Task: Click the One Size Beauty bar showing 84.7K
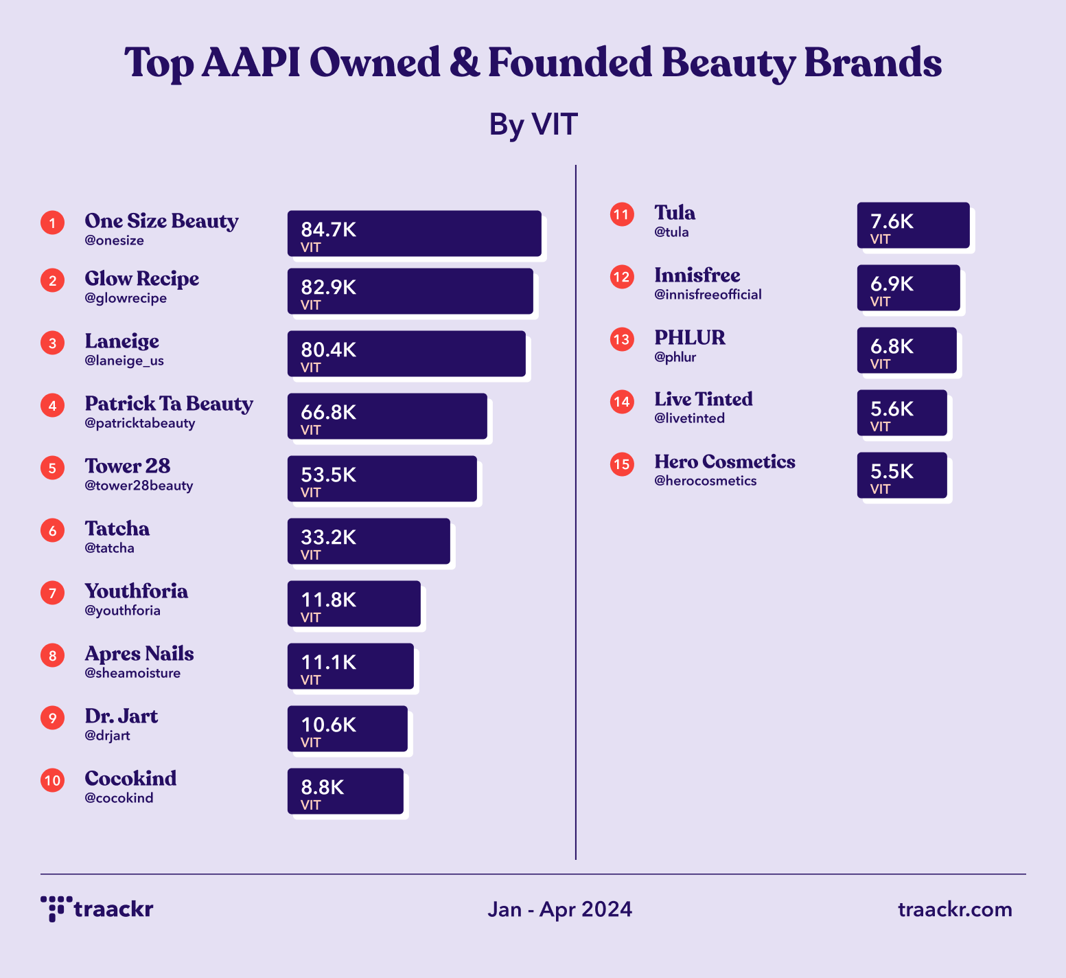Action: (x=414, y=234)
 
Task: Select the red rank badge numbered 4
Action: (x=52, y=405)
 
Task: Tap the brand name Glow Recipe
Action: (x=142, y=279)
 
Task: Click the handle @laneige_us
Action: (x=124, y=361)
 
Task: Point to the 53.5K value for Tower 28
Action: (x=328, y=475)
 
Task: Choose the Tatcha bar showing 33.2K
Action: (x=369, y=541)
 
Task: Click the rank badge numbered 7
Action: (x=52, y=593)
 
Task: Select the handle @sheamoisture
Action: (x=132, y=673)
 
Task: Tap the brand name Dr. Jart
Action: (x=121, y=716)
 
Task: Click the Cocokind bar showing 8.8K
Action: (x=345, y=791)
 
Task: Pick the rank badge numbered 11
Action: (x=622, y=215)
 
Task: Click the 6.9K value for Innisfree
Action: (x=892, y=284)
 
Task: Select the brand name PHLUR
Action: (x=690, y=338)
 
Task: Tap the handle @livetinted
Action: (x=689, y=418)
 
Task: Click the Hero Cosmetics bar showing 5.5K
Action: (x=902, y=475)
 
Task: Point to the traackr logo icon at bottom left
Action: (x=56, y=908)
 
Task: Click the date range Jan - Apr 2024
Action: (x=559, y=909)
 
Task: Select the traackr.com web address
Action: (x=955, y=909)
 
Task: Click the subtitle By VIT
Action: (x=533, y=124)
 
